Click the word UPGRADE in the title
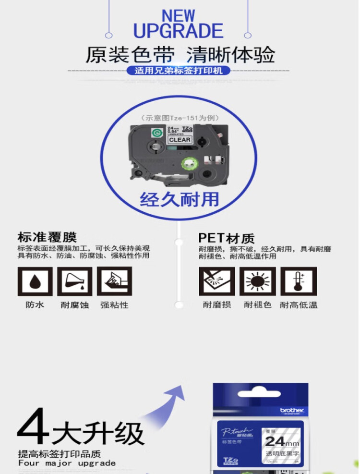pos(178,31)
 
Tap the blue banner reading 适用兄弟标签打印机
pos(179,71)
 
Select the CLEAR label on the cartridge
pos(179,140)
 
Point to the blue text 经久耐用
pos(179,199)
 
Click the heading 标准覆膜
pos(47,237)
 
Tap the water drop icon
pos(35,281)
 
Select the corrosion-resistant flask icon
pos(74,281)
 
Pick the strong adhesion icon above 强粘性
pos(114,281)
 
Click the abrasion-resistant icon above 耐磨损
pos(216,281)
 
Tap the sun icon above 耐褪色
pos(257,281)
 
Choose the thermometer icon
pos(299,281)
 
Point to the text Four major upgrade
pos(67,463)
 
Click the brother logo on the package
pos(292,410)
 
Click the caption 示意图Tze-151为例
pos(179,118)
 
